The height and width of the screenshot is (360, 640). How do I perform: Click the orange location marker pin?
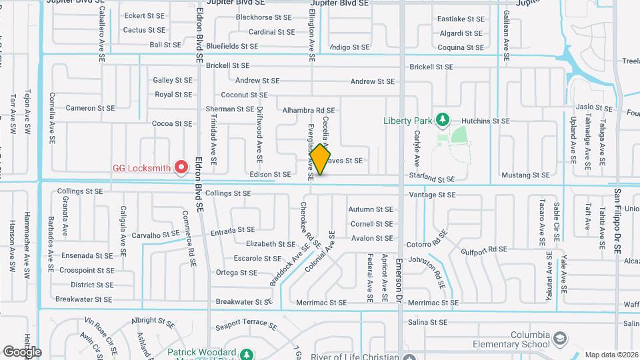[x=320, y=159]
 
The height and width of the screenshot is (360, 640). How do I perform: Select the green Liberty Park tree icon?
[x=441, y=121]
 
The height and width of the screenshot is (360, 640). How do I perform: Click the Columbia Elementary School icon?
[x=559, y=339]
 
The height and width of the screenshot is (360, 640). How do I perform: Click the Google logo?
[x=22, y=351]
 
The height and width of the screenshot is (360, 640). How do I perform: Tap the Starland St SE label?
[x=432, y=179]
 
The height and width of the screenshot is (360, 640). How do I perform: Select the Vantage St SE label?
[x=432, y=195]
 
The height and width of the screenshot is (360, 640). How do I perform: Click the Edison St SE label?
[x=271, y=175]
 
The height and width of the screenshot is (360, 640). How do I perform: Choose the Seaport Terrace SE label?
[x=246, y=327]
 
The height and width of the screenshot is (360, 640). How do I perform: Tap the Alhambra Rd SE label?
[x=308, y=110]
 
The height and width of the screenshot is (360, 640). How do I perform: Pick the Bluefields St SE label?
[x=232, y=46]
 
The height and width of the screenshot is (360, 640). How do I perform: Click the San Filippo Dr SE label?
[x=618, y=221]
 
